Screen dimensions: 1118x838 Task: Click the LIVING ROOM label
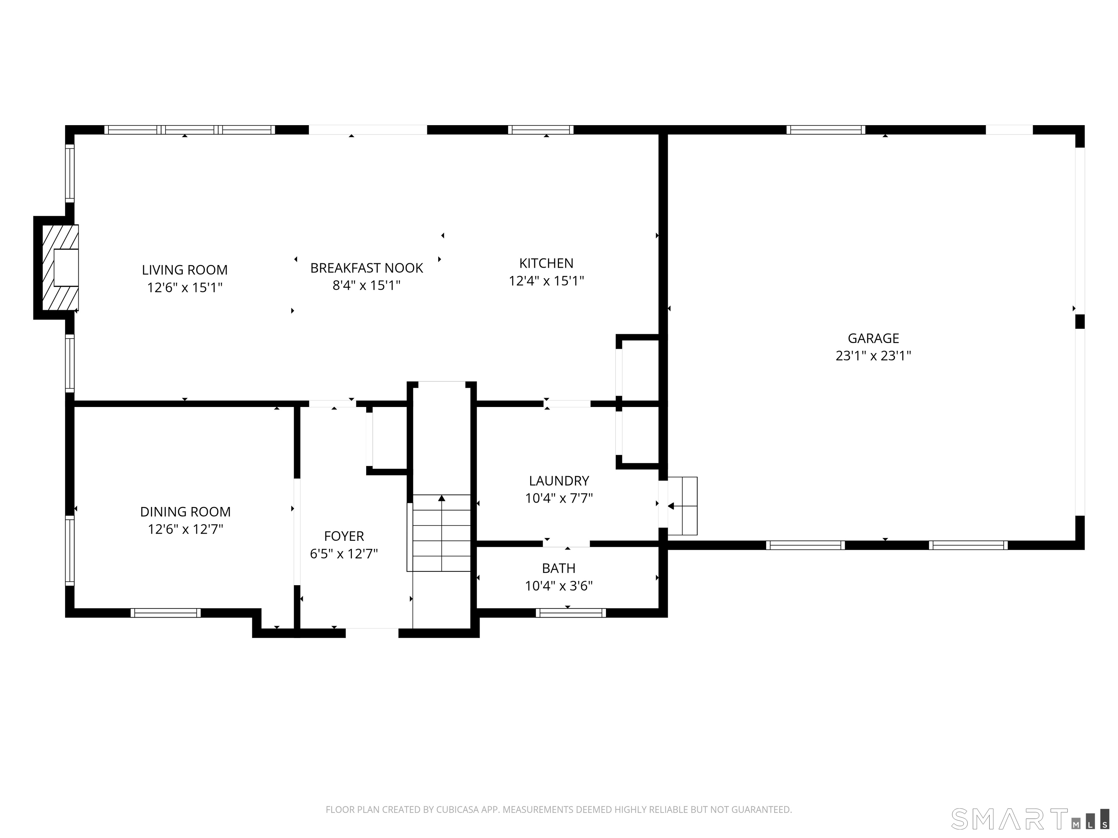[x=185, y=270]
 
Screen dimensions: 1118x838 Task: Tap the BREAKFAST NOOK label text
[x=366, y=268]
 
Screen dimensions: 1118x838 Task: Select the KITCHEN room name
[x=546, y=263]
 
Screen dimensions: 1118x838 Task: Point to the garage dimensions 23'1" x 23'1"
[x=873, y=356]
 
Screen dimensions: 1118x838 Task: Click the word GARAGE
[x=873, y=338]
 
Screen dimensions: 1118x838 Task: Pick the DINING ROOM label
[x=186, y=512]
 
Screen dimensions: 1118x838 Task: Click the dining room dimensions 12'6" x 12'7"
[x=186, y=529]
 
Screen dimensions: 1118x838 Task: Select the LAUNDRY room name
[x=559, y=481]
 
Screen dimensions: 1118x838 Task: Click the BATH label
[x=559, y=568]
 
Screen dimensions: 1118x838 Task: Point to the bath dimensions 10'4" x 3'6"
[x=559, y=586]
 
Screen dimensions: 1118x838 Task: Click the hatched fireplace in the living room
[x=60, y=268]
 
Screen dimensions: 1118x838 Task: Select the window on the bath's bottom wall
[x=571, y=613]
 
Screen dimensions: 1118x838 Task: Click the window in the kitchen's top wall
[x=541, y=130]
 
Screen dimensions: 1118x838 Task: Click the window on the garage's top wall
[x=826, y=130]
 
